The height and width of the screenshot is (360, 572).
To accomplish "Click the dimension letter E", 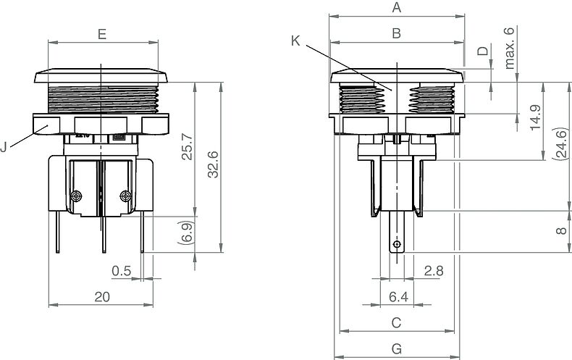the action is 102,34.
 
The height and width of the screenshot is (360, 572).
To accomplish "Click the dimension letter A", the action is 397,7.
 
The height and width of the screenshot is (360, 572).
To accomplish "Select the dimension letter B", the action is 397,33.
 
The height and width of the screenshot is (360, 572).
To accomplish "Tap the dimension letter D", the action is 483,51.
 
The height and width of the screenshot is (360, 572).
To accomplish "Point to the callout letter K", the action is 295,41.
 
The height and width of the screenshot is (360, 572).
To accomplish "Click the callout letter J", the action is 4,147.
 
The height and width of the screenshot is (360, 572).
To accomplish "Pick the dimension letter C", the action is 396,323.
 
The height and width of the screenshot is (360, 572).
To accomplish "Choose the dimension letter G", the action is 397,349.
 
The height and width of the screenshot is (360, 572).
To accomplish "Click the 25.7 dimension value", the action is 187,147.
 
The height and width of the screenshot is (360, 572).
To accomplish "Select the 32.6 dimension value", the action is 213,164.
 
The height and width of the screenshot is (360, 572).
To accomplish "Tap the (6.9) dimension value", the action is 187,233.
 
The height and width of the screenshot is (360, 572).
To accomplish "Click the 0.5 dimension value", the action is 122,271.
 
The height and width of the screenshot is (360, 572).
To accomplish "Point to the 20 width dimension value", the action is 102,297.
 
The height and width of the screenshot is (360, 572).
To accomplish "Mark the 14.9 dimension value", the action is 536,117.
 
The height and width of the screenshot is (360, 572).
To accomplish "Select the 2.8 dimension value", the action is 434,271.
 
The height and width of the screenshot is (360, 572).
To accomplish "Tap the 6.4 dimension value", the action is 398,297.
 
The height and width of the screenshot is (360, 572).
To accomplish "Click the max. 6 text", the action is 509,48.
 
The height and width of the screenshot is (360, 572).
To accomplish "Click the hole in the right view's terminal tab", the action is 397,244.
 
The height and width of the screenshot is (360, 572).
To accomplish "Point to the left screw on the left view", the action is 76,196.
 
